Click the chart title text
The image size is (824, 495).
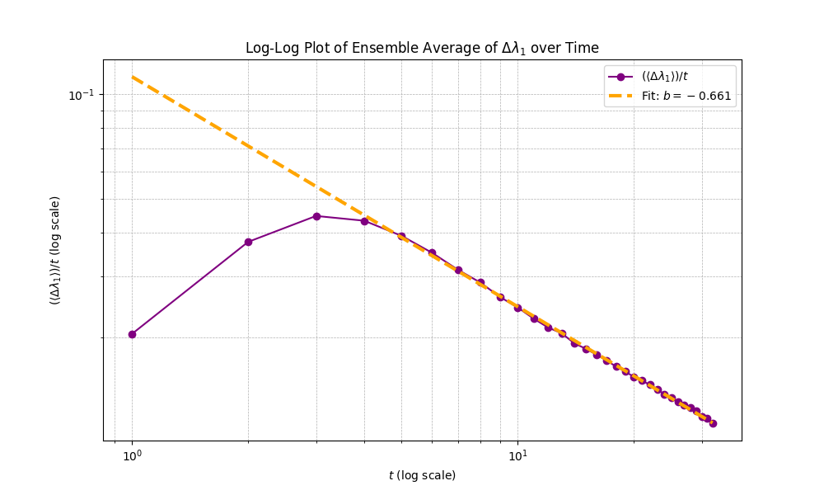[x=422, y=48]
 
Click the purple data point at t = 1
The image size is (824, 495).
[x=132, y=334]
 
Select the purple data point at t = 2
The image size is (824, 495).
[x=248, y=242]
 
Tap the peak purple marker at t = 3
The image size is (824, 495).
[x=316, y=216]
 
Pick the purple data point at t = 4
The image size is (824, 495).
[x=364, y=221]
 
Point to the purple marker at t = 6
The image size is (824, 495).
[x=432, y=253]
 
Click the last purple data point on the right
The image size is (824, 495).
[x=713, y=423]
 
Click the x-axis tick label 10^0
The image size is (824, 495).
[x=132, y=455]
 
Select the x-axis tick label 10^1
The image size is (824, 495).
[x=517, y=455]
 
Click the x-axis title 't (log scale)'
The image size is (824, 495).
[x=422, y=475]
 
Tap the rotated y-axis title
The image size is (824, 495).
[x=55, y=250]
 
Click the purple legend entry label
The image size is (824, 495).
[x=666, y=77]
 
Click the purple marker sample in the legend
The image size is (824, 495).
[x=620, y=77]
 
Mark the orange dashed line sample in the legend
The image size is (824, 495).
[x=620, y=96]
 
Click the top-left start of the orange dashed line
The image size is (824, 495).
[x=133, y=78]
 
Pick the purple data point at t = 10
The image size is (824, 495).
[x=517, y=308]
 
